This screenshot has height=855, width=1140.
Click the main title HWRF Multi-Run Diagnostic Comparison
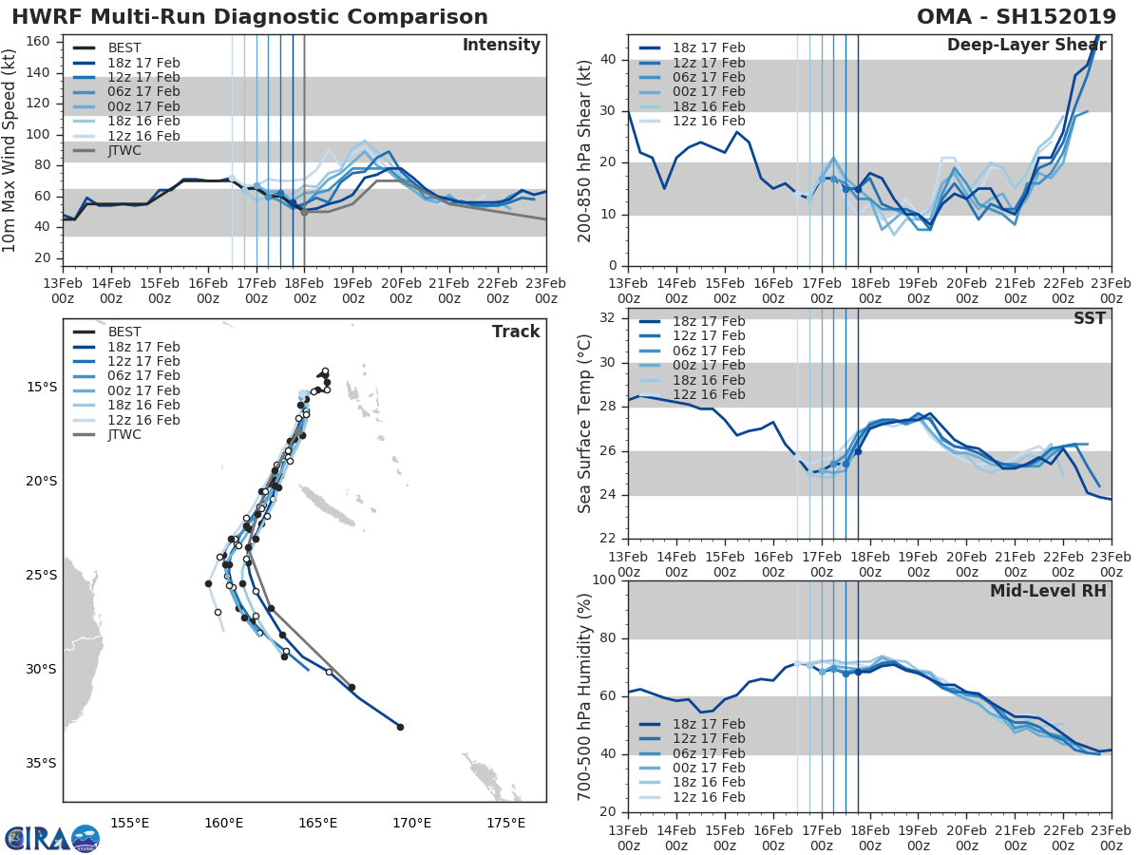[250, 17]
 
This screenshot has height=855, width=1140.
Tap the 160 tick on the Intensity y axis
[42, 41]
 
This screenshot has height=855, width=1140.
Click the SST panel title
[1090, 319]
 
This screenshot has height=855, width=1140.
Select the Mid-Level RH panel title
[1048, 592]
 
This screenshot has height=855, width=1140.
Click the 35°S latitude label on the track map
[40, 763]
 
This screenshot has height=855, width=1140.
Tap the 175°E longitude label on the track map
[505, 823]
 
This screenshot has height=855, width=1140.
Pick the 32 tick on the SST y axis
[608, 318]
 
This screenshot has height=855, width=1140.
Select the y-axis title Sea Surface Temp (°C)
[585, 424]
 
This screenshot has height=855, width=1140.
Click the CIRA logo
[52, 838]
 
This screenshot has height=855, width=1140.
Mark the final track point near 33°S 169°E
[400, 727]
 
